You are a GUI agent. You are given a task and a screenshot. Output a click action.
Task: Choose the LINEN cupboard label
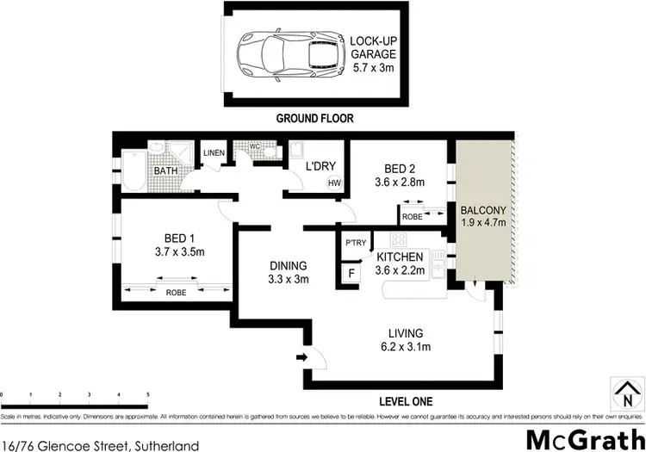214,154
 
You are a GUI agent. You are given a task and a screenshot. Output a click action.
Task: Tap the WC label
255,146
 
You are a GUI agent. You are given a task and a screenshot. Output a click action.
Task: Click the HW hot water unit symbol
334,183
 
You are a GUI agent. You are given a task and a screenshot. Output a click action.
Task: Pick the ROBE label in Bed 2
413,217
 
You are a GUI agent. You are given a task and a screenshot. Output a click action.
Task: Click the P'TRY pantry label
355,243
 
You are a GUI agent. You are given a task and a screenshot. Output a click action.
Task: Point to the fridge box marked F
351,275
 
